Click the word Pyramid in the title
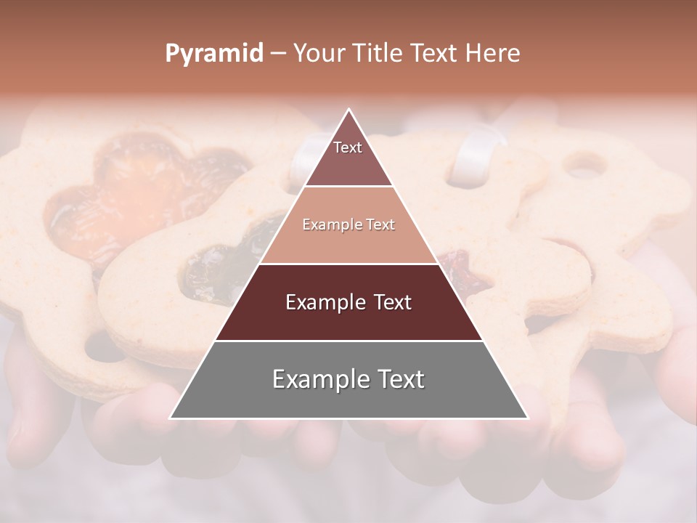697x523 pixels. [213, 54]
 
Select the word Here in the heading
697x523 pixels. [493, 54]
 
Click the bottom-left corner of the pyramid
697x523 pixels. [171, 418]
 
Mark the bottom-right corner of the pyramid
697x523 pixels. [527, 418]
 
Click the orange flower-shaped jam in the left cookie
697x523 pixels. [131, 196]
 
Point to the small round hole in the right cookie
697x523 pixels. [584, 166]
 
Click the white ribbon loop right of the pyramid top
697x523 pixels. [472, 156]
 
